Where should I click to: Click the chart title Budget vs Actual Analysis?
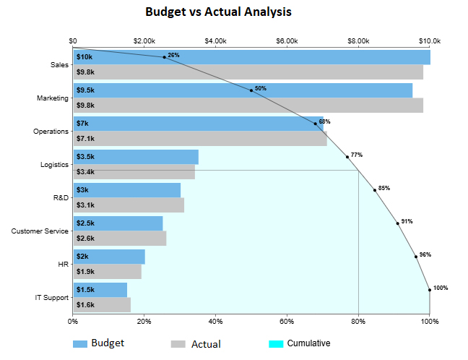pyautogui.click(x=218, y=12)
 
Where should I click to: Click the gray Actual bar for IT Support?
pyautogui.click(x=102, y=304)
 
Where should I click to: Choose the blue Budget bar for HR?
pyautogui.click(x=109, y=257)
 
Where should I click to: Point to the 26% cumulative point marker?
pyautogui.click(x=165, y=57)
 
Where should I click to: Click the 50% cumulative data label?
pyautogui.click(x=261, y=88)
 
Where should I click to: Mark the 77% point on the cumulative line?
pyautogui.click(x=347, y=157)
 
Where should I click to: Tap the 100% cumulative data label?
pyautogui.click(x=441, y=288)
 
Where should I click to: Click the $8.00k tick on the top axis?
pyautogui.click(x=358, y=40)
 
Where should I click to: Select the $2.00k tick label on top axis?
pyautogui.click(x=144, y=40)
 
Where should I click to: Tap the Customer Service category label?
pyautogui.click(x=40, y=231)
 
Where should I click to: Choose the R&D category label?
pyautogui.click(x=61, y=197)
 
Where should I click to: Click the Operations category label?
pyautogui.click(x=51, y=132)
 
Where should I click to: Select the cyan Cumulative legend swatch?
pyautogui.click(x=275, y=344)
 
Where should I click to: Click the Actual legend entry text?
pyautogui.click(x=206, y=344)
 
